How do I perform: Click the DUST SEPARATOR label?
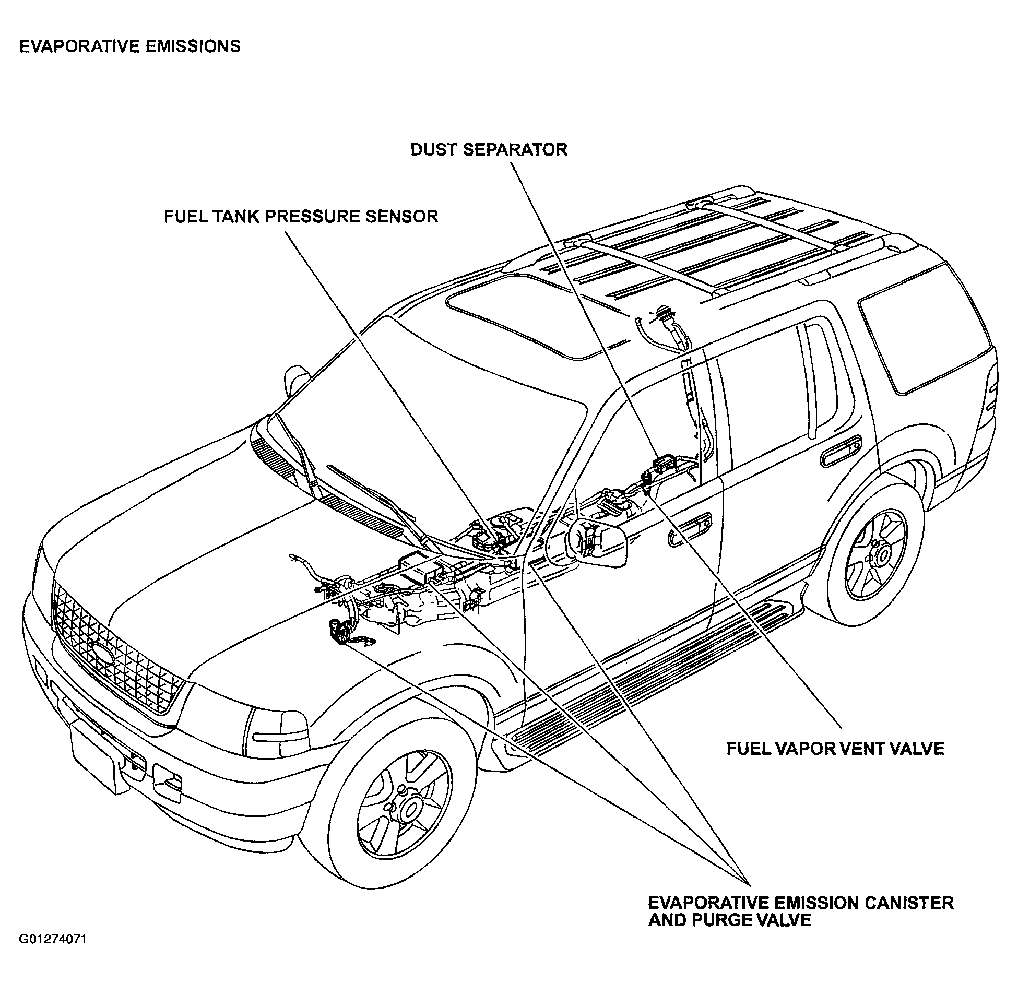489,150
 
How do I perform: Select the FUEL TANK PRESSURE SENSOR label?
301,216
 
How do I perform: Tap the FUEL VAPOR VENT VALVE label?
835,749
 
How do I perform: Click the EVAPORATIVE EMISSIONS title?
130,46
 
